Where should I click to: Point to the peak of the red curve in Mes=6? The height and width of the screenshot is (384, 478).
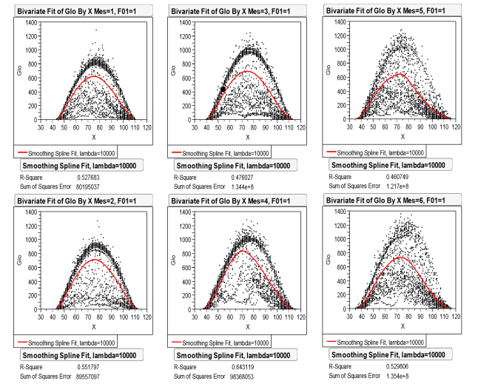click(398, 257)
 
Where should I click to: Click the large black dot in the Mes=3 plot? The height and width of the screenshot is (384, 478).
click(222, 90)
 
